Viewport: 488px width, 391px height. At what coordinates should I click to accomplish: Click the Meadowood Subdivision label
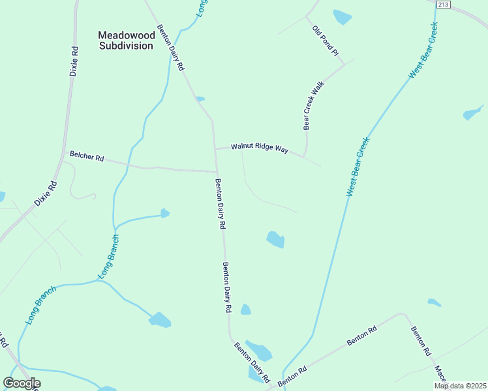point(126,40)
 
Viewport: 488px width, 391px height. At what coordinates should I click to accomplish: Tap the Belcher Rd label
point(87,157)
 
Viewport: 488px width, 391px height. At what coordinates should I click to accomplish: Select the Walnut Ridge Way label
point(259,149)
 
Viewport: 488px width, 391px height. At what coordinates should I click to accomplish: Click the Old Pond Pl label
point(327,41)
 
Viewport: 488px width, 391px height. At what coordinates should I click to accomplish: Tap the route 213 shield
point(444,5)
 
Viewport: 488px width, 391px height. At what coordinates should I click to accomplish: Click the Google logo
point(22,383)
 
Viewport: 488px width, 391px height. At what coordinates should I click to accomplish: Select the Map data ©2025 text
point(461,386)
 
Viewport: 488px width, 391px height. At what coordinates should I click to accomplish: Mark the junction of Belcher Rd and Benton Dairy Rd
point(217,172)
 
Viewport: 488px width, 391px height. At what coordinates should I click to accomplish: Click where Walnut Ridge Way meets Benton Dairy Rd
point(216,149)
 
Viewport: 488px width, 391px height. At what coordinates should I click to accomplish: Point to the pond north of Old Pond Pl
point(342,16)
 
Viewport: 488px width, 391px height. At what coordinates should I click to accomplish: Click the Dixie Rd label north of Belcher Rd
point(74,61)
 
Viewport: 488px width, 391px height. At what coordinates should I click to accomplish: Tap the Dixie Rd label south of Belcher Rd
point(46,194)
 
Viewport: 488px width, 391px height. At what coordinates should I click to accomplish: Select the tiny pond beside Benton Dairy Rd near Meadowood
point(200,99)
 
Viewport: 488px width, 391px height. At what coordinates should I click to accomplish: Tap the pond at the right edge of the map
point(472,113)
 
